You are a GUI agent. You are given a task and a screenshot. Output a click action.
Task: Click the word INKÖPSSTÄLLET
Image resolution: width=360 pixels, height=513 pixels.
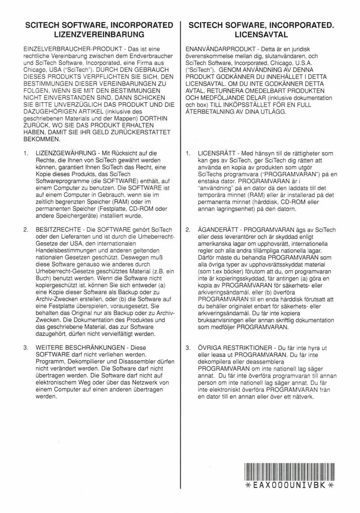click(243, 104)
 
